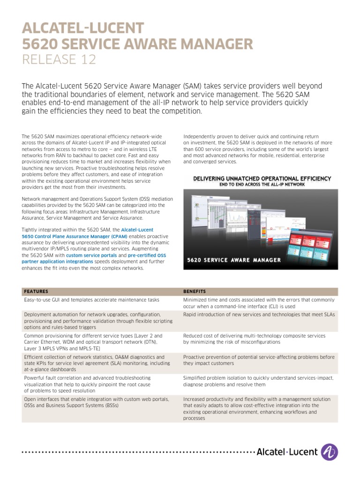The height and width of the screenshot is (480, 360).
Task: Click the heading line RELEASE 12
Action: coord(59,60)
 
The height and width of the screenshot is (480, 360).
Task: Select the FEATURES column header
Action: coord(36,291)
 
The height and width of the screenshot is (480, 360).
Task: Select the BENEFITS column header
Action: coord(194,291)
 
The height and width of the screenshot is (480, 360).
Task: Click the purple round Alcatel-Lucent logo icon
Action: coord(330,452)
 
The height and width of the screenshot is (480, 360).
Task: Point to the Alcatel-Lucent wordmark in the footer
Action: coord(287,452)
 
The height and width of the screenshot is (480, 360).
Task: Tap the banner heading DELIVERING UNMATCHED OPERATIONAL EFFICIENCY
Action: coord(262,179)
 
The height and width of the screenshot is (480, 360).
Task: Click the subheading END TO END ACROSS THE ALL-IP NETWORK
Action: coord(262,185)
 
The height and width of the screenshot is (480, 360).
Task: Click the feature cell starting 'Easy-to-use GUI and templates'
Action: coord(91,300)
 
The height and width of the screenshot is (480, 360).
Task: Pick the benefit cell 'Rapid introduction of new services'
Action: coord(259,315)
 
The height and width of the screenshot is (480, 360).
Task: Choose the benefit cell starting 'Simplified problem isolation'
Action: coord(258,381)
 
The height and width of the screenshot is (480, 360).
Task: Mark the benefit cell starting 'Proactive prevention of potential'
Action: coord(259,360)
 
